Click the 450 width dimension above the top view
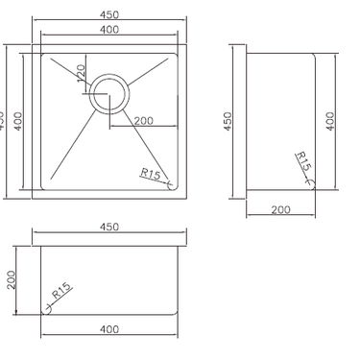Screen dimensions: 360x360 [108, 14]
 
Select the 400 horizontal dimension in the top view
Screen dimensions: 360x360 [108, 31]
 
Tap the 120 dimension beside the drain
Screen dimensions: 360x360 [83, 73]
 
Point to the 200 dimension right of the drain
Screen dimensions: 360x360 [144, 120]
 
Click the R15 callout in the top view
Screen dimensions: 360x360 [151, 173]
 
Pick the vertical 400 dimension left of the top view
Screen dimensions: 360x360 [17, 122]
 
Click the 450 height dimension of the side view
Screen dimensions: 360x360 [228, 122]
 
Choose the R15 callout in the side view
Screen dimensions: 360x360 [303, 161]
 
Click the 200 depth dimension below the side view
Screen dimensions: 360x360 [280, 208]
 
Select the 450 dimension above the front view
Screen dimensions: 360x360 [108, 227]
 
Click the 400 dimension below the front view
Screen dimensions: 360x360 [108, 329]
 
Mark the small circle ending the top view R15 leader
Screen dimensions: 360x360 [171, 182]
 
